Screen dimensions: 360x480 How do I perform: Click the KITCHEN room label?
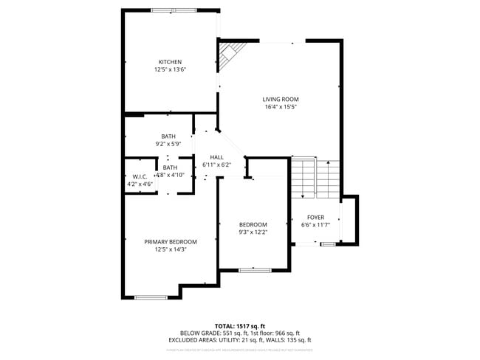point(170,62)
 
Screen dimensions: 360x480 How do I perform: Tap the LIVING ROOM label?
point(281,99)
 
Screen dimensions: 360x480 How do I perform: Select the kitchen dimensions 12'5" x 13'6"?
point(170,70)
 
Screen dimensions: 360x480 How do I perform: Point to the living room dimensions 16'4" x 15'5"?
point(281,107)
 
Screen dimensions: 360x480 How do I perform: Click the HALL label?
point(216,157)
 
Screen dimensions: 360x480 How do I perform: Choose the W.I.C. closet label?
point(140,176)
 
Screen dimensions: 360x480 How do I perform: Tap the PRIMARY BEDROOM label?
point(171,242)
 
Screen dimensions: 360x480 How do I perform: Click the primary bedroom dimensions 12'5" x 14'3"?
point(171,249)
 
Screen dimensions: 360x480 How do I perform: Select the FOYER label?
point(316,218)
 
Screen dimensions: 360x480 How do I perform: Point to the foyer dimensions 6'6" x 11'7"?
point(316,225)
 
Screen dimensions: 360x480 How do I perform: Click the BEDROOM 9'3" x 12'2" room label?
point(253,224)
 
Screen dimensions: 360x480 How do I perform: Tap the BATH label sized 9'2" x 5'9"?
point(168,136)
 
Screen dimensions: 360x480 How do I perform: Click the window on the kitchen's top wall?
point(174,10)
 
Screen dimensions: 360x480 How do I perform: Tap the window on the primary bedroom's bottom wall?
point(151,297)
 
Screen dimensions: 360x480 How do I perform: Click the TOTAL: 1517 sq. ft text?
point(239,325)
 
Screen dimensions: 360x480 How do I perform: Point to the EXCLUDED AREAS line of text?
point(239,340)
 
